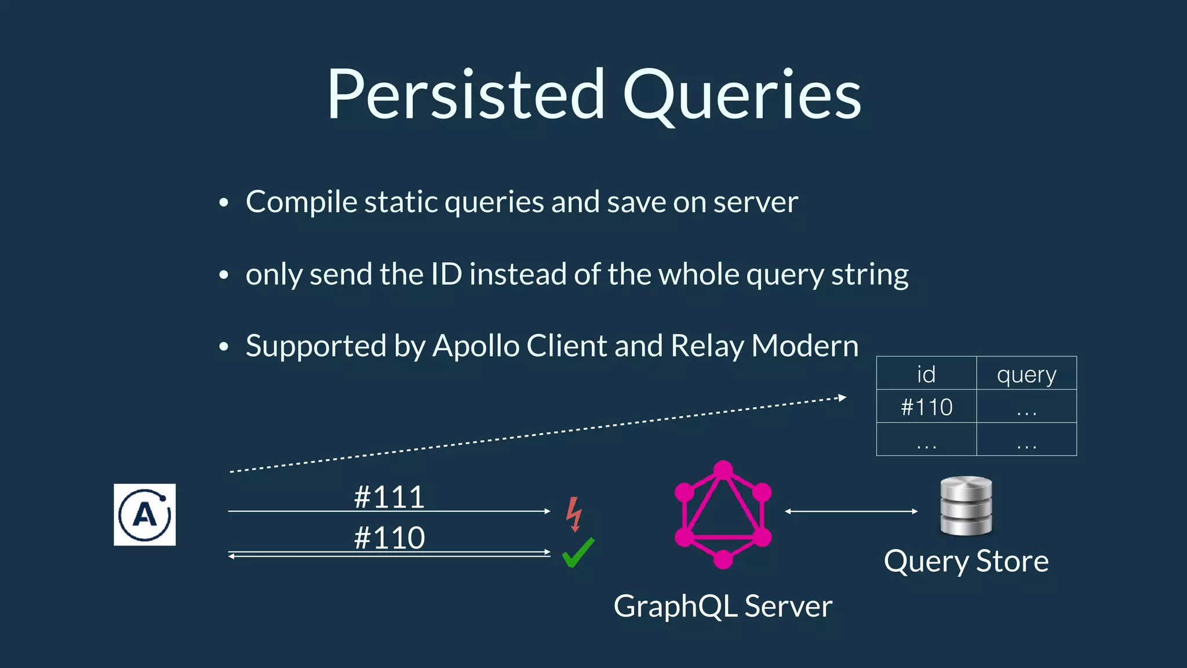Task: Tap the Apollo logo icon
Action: click(x=144, y=514)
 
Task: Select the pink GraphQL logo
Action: click(x=723, y=514)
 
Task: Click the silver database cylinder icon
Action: click(x=966, y=506)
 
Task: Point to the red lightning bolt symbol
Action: click(x=574, y=514)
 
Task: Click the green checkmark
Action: click(x=578, y=552)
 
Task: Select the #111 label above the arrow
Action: click(x=389, y=497)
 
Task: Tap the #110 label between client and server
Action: click(x=389, y=538)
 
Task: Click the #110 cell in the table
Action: click(x=926, y=407)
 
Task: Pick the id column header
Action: click(x=926, y=374)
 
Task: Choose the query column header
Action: click(x=1026, y=375)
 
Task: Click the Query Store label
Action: click(x=966, y=561)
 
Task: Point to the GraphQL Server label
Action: click(x=723, y=607)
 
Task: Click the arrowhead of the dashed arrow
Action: click(x=843, y=398)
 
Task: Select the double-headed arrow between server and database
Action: click(x=851, y=511)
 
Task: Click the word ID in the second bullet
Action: click(x=446, y=274)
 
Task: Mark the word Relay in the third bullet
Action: click(x=707, y=346)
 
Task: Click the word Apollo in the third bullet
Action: click(x=476, y=346)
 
